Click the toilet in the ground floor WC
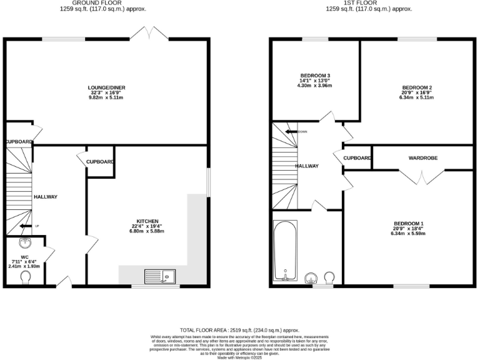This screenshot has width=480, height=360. click(25, 277)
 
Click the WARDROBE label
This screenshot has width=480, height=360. click(423, 158)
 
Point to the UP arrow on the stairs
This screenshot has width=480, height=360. click(27, 226)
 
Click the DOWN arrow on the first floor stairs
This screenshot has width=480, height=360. click(292, 132)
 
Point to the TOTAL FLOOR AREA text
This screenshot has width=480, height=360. click(239, 329)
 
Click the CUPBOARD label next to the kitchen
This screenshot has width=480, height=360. click(100, 162)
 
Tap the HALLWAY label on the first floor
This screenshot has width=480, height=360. click(307, 166)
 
